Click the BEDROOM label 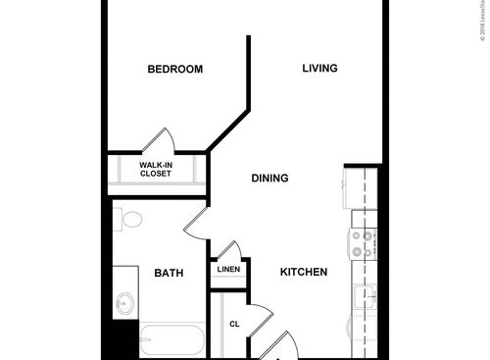pyautogui.click(x=174, y=69)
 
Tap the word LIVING pyautogui.click(x=319, y=69)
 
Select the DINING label pyautogui.click(x=269, y=179)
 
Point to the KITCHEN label pyautogui.click(x=304, y=272)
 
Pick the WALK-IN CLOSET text pyautogui.click(x=155, y=169)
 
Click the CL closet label pyautogui.click(x=234, y=323)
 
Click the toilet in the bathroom pyautogui.click(x=130, y=219)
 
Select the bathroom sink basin pyautogui.click(x=124, y=303)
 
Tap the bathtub pyautogui.click(x=171, y=341)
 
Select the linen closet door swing pyautogui.click(x=228, y=250)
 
